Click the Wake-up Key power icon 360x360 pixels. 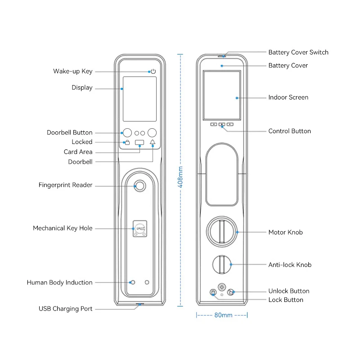point(153,72)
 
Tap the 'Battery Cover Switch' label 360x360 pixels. point(298,52)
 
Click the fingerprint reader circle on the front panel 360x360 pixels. point(140,185)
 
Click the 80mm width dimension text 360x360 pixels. point(223,315)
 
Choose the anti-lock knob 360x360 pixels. point(221,264)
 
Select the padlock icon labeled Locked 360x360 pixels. point(127,143)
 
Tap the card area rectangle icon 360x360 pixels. point(140,143)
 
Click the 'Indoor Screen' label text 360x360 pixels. point(288,97)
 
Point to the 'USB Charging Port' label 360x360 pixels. point(65,309)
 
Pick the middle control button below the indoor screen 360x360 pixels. point(222,124)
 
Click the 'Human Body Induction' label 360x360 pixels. point(59,283)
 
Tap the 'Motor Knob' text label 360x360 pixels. point(285,232)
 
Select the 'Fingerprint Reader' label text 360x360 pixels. point(65,185)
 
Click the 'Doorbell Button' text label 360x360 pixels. point(69,132)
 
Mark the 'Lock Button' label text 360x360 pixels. point(286,300)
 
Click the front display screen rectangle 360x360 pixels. point(139,99)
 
